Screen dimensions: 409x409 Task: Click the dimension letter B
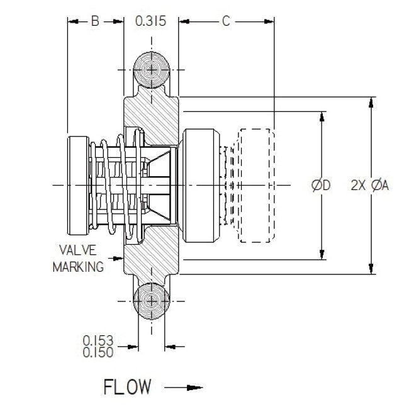coord(94,21)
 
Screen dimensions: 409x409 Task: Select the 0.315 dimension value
coord(151,21)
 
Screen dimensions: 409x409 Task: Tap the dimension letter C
coord(225,21)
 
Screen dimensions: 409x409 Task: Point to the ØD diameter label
coord(321,186)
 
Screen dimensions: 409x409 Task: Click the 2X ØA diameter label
coord(369,186)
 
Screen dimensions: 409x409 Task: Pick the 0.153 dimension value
coord(98,342)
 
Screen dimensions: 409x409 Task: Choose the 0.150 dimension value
coord(98,353)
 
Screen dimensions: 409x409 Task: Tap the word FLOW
coord(127,386)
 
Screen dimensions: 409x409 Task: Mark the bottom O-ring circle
coord(152,301)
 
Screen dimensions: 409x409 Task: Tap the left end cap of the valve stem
coord(78,186)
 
